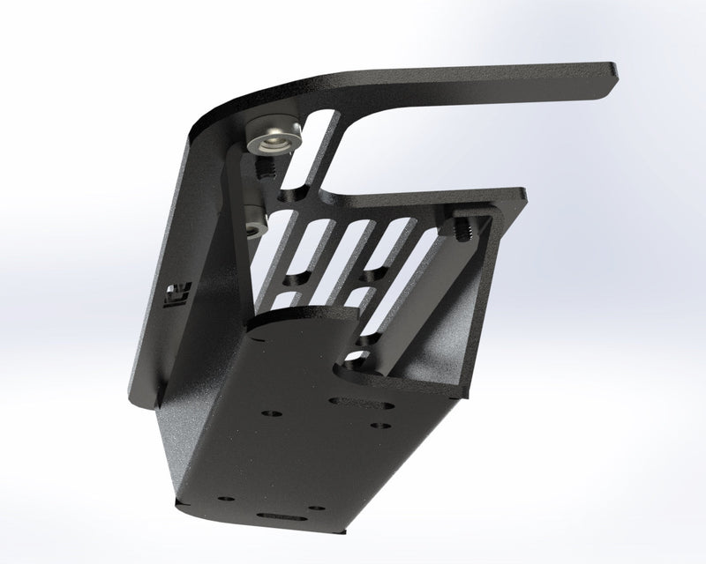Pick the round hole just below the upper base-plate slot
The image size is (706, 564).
(379, 427)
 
